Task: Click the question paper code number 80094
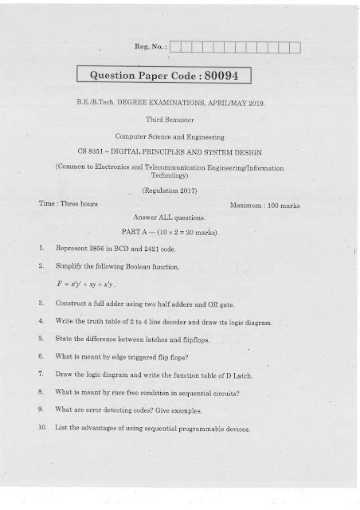tap(226, 76)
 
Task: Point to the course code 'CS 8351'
tap(119, 150)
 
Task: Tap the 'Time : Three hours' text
tap(68, 205)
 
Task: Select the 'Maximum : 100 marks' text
tap(264, 206)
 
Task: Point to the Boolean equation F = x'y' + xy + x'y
tap(86, 284)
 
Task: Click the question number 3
tap(41, 304)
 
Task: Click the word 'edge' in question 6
tap(118, 355)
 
